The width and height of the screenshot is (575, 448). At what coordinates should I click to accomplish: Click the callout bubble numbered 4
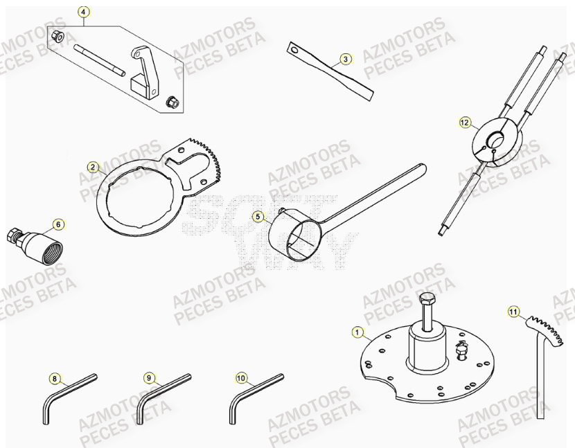[83, 12]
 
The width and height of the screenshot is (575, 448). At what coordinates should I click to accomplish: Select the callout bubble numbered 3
[346, 60]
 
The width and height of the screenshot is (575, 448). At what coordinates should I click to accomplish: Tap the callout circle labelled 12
[464, 123]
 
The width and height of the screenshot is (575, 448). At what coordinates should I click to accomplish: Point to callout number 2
[91, 167]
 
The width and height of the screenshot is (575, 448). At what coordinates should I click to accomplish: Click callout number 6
[58, 224]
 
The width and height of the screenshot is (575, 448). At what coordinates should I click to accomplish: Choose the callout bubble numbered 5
[258, 217]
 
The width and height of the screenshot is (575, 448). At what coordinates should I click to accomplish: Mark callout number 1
[357, 333]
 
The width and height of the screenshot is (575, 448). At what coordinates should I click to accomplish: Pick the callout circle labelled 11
[513, 312]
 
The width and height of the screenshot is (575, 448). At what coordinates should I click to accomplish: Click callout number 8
[54, 378]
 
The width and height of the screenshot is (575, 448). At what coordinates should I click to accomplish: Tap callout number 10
[240, 378]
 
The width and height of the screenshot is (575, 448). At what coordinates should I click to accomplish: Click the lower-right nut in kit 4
[171, 102]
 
